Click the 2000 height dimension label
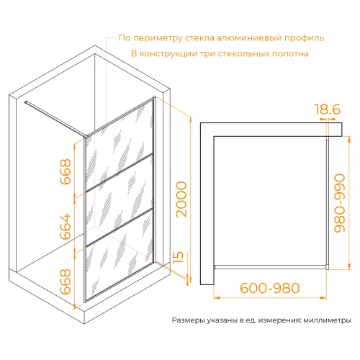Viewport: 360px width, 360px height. coord(181,199)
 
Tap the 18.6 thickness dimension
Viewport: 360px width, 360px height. coord(328,109)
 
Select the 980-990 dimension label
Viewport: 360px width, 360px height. coord(340,203)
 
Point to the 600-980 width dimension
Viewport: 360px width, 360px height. coord(270,288)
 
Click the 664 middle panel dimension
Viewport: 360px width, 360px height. coord(66,227)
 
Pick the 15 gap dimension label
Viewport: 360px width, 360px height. coord(179,258)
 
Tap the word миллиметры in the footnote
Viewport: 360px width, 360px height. coord(327,320)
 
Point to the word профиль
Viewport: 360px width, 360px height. coord(305,38)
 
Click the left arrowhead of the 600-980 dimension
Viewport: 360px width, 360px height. coord(217,298)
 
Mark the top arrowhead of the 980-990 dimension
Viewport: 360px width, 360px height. coord(349,139)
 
